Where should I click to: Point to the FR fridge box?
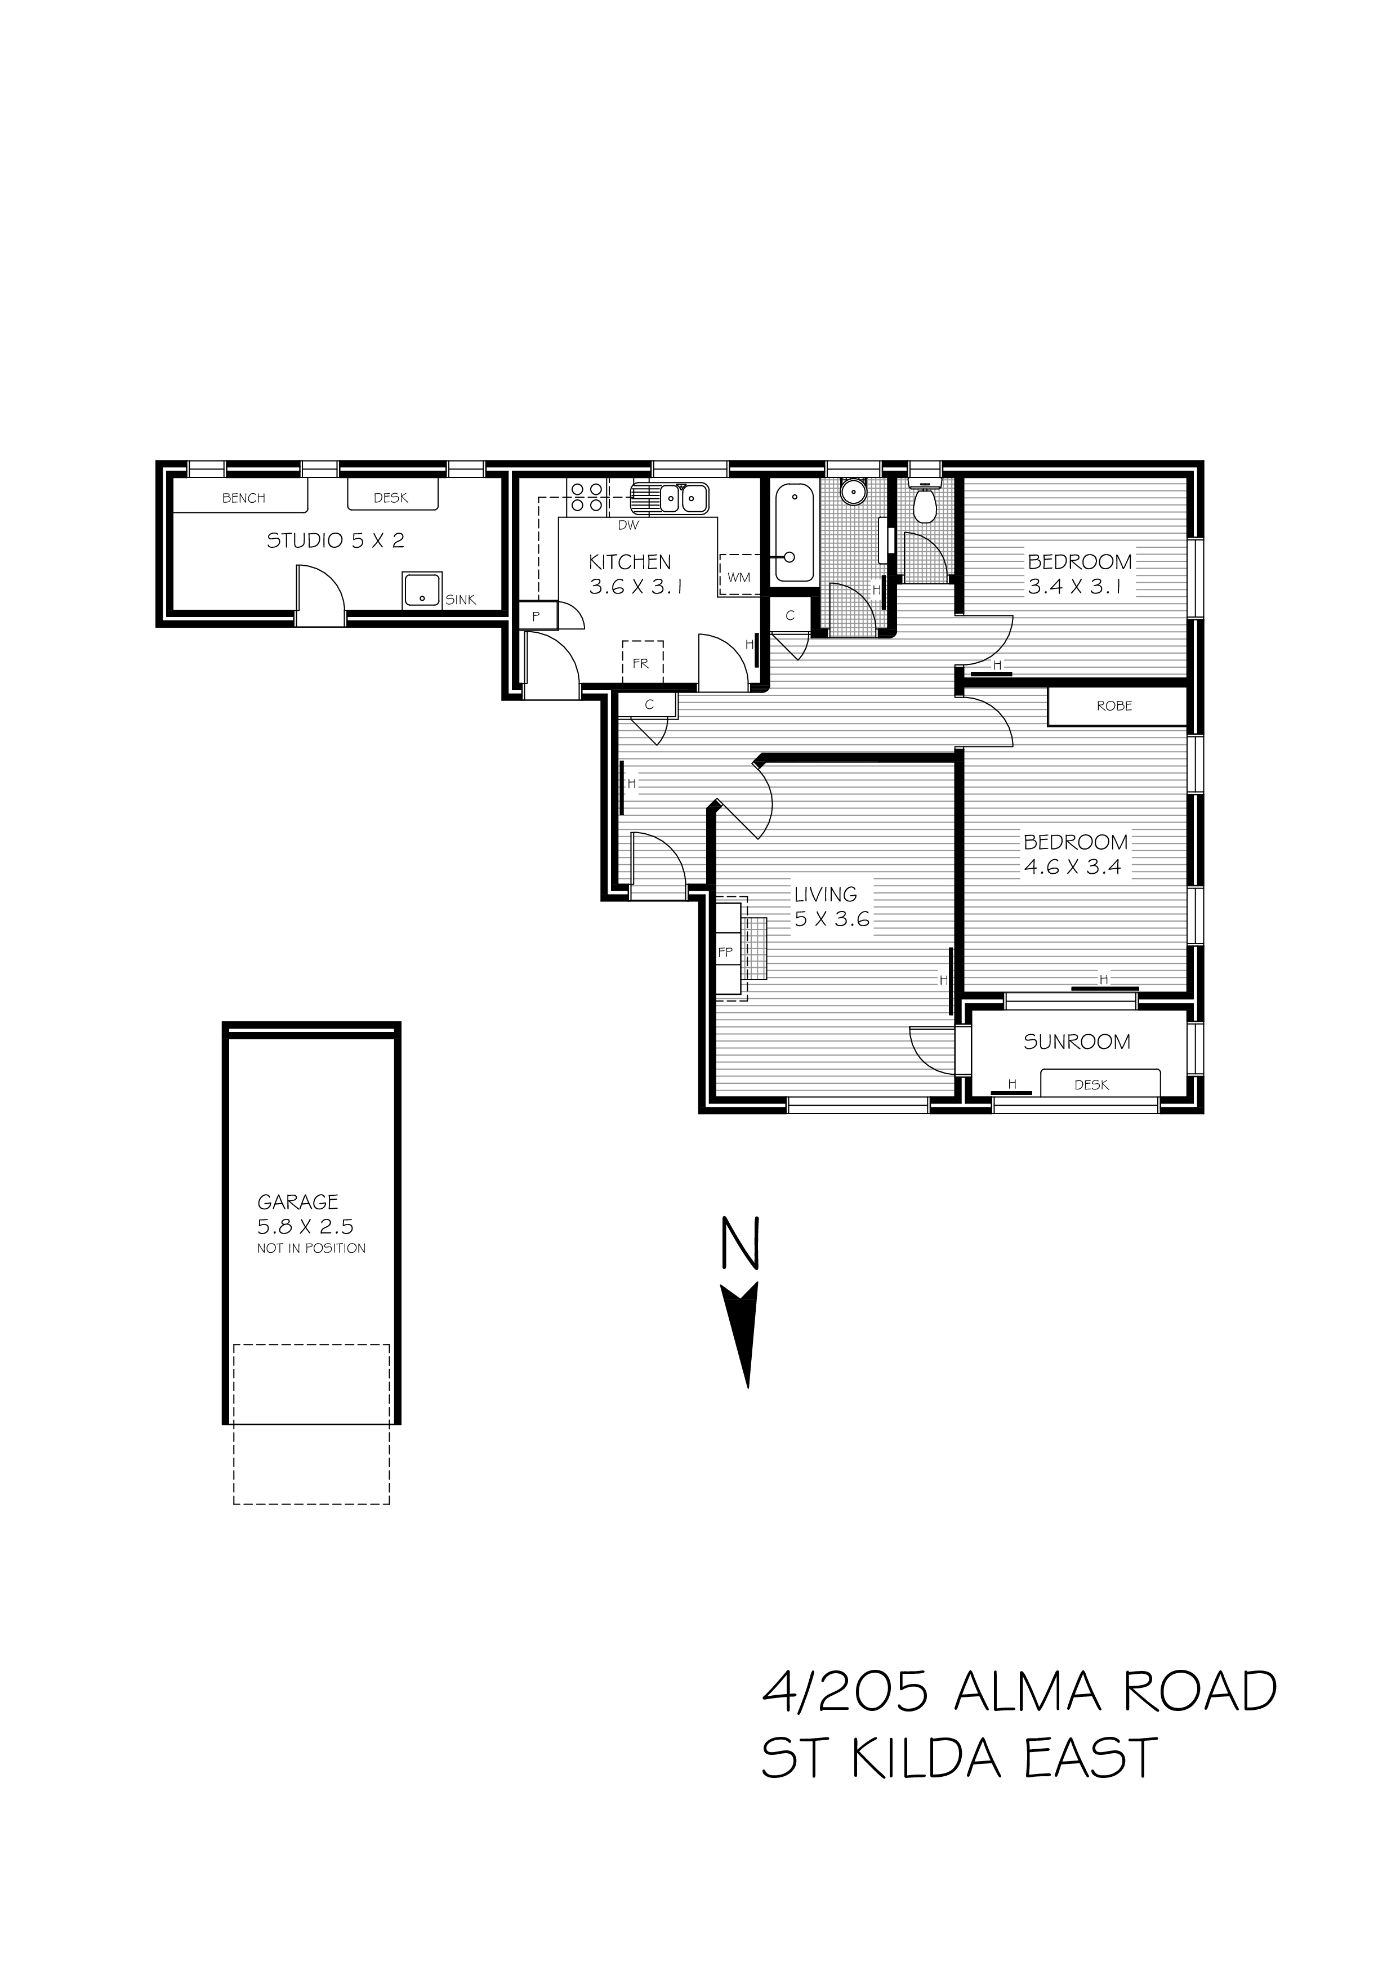point(641,663)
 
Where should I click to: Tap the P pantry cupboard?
point(537,616)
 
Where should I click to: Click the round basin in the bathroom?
point(851,492)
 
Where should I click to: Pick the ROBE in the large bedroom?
point(1116,706)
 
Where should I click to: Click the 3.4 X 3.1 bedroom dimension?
point(1075,588)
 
